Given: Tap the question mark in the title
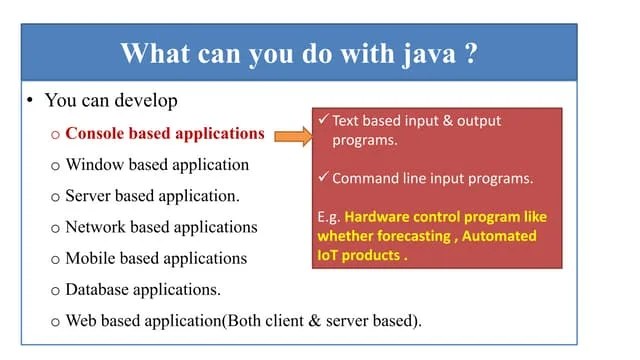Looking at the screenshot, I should coord(470,53).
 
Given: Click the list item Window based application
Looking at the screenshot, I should coord(157,164).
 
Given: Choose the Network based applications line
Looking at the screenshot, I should coord(161,227).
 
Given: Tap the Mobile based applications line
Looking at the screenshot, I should coord(156,258).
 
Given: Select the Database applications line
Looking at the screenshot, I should coord(143,290).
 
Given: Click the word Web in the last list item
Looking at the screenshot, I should coord(82,321).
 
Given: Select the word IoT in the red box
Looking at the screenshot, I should coord(330,256).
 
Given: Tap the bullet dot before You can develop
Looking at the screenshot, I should coord(31,102).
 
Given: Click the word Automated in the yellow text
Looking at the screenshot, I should coord(501,236).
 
